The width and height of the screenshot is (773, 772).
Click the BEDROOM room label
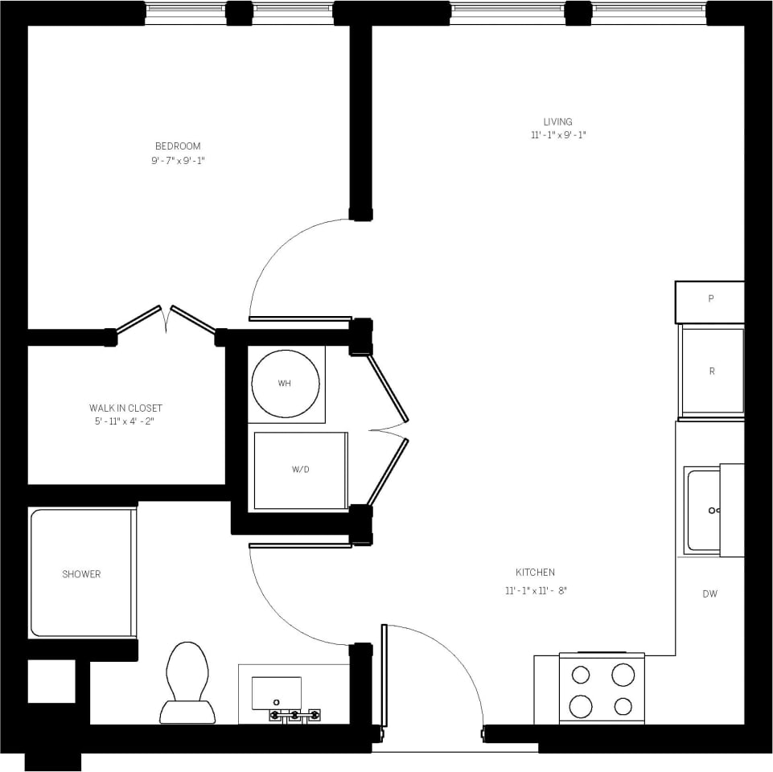click(178, 146)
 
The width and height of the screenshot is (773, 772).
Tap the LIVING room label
click(557, 121)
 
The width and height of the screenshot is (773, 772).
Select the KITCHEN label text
click(535, 573)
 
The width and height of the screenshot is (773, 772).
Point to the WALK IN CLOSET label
click(125, 408)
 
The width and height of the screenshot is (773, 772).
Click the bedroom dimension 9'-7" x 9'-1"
click(178, 160)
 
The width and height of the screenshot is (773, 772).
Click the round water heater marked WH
click(285, 384)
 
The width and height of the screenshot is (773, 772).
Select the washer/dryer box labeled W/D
click(300, 470)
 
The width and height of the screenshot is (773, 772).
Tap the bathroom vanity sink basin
click(277, 692)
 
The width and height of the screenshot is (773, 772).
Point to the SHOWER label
click(81, 574)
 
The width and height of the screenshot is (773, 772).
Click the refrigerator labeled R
click(711, 372)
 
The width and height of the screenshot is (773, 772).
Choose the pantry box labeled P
click(710, 299)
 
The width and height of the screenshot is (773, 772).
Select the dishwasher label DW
click(709, 594)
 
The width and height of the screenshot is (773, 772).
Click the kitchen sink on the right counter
click(705, 511)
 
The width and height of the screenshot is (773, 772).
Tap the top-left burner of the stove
click(582, 675)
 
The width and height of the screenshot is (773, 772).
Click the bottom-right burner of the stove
click(623, 706)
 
